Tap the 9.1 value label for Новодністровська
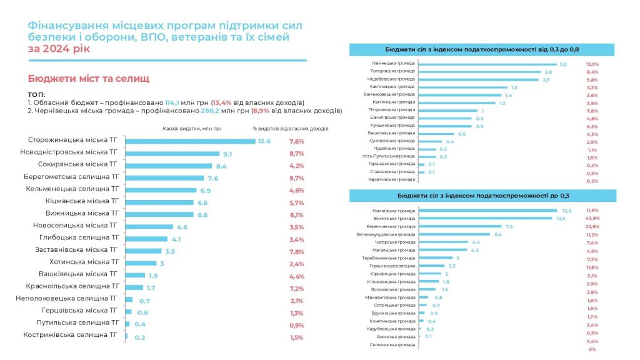(227, 153)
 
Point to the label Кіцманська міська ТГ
(82, 202)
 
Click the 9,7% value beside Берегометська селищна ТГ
(296, 177)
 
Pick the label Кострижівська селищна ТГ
(71, 336)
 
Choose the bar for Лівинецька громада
(487, 64)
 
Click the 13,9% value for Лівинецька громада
(592, 64)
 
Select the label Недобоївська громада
(393, 79)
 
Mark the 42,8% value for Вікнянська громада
(592, 218)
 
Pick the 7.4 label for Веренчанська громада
(509, 226)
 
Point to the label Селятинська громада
(393, 344)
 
